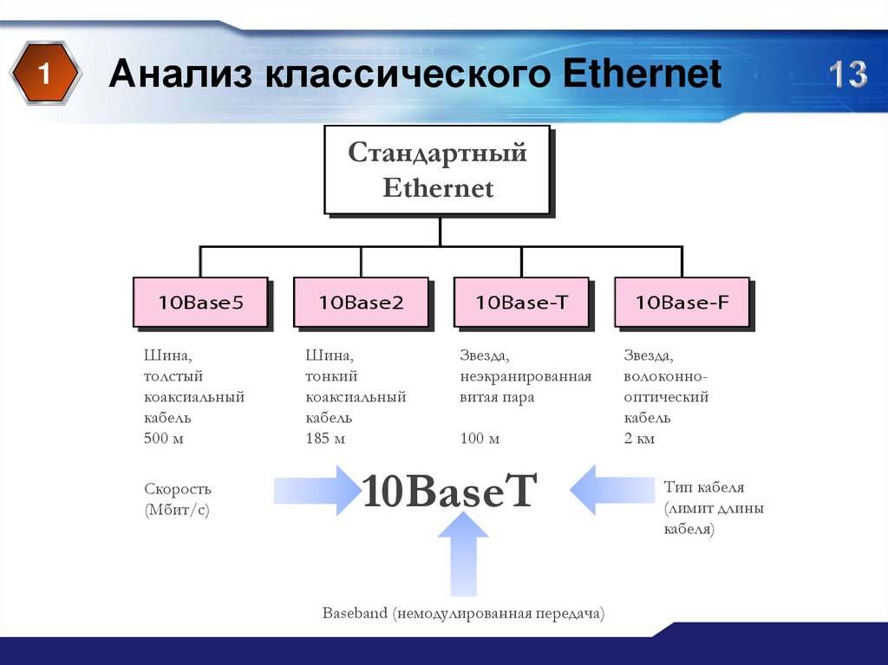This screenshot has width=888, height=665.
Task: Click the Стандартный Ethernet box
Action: (437, 170)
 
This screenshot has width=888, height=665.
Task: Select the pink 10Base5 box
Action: (200, 303)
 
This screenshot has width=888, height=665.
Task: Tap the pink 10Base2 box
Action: (361, 303)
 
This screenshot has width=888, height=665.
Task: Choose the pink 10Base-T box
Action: (521, 303)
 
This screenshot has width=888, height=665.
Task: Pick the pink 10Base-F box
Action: (682, 303)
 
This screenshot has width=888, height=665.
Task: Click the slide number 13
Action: (846, 75)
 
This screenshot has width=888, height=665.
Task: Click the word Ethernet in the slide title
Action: (642, 75)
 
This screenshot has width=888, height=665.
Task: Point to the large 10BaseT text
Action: (450, 491)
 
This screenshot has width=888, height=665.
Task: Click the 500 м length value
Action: (163, 439)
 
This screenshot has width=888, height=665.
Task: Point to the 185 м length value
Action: (325, 439)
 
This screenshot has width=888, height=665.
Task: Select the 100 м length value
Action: (480, 439)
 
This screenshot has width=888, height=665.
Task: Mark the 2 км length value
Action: (639, 439)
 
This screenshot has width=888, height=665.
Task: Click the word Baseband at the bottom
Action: (355, 614)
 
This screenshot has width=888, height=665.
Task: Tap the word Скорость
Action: (178, 489)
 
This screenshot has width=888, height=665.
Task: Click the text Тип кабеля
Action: (703, 487)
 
